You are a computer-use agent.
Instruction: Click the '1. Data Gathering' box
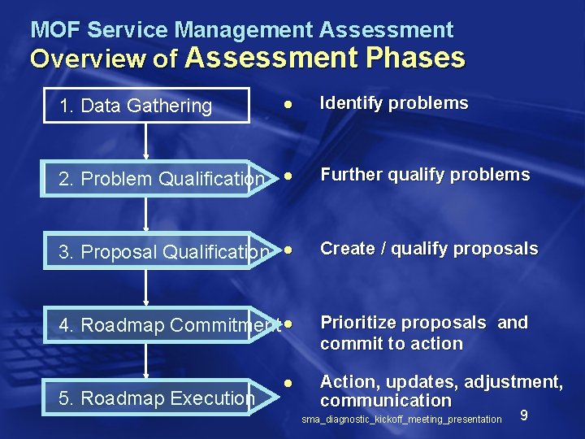146,105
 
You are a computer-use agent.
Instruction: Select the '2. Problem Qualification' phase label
162,179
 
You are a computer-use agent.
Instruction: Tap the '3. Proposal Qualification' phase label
163,252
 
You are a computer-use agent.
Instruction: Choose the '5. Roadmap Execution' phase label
157,398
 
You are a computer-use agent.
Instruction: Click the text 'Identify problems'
394,103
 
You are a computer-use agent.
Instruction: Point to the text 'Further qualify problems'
425,175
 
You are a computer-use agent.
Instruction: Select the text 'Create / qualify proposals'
429,249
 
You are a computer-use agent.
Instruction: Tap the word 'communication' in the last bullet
385,401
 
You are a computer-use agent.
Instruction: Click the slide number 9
524,415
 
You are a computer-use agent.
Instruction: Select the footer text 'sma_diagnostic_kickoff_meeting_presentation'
401,419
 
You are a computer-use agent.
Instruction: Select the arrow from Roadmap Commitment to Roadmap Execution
146,361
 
